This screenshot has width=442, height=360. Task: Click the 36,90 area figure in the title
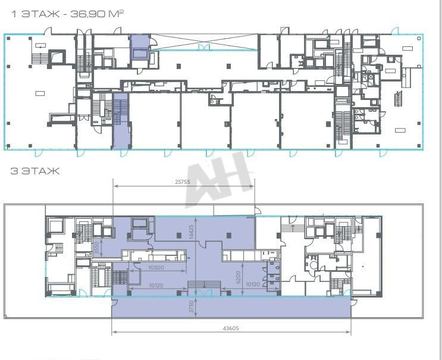pyautogui.click(x=87, y=14)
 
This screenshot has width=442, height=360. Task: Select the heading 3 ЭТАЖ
pyautogui.click(x=35, y=171)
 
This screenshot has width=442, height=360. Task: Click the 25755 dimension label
pyautogui.click(x=183, y=182)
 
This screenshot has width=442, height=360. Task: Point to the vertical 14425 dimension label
pyautogui.click(x=192, y=231)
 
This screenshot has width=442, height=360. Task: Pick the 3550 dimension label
pyautogui.click(x=96, y=248)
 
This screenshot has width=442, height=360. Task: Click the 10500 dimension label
pyautogui.click(x=156, y=268)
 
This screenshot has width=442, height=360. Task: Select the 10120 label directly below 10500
pyautogui.click(x=156, y=285)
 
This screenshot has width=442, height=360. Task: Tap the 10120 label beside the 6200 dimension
pyautogui.click(x=253, y=284)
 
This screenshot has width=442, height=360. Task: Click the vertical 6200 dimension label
pyautogui.click(x=238, y=277)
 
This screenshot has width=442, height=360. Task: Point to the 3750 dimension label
pyautogui.click(x=192, y=306)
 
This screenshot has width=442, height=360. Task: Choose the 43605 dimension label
pyautogui.click(x=231, y=328)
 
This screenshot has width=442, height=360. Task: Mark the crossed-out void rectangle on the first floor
pyautogui.click(x=204, y=42)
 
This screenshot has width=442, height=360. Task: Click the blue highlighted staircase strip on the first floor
pyautogui.click(x=121, y=121)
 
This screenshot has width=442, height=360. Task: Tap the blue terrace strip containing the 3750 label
pyautogui.click(x=231, y=306)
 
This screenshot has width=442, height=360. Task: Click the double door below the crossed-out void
pyautogui.click(x=205, y=48)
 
